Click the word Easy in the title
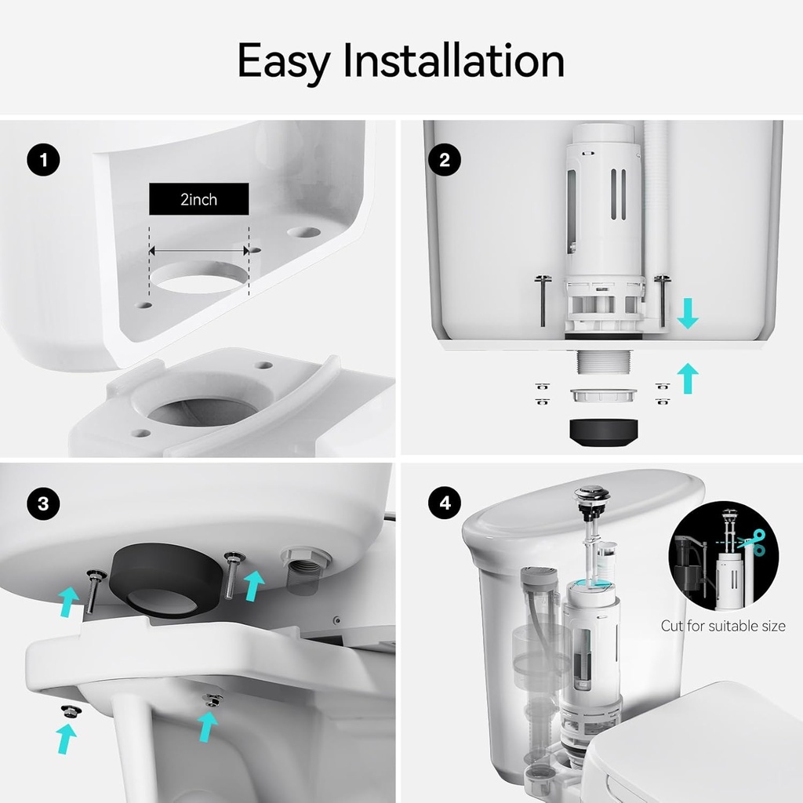click(x=283, y=62)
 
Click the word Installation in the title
click(x=454, y=60)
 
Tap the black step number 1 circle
click(x=43, y=160)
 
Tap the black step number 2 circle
click(x=444, y=160)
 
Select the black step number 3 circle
click(x=43, y=503)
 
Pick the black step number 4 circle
click(x=445, y=503)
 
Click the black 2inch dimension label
click(x=198, y=198)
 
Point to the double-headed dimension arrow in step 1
click(x=198, y=250)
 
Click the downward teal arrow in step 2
click(x=687, y=314)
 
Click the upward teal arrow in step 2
click(x=687, y=378)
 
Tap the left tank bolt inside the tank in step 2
click(x=543, y=300)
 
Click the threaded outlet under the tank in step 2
click(x=604, y=361)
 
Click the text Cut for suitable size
click(x=722, y=626)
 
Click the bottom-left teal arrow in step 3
click(x=66, y=739)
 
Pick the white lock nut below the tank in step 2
click(x=604, y=395)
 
